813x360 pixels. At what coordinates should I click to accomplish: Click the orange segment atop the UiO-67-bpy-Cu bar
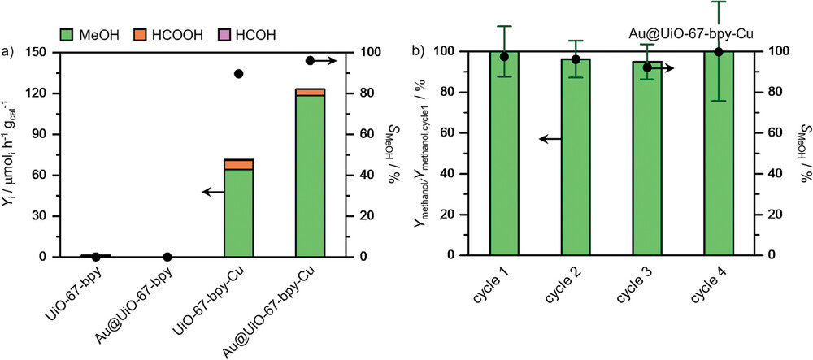coord(238,165)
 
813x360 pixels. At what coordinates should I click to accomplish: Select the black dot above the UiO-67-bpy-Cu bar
coord(239,74)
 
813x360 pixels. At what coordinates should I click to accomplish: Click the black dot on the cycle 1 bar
coord(504,57)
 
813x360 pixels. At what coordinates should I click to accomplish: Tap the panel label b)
coord(419,54)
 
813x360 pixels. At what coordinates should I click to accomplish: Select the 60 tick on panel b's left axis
coord(463,132)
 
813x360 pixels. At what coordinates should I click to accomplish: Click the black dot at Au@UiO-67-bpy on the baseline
coord(167,257)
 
